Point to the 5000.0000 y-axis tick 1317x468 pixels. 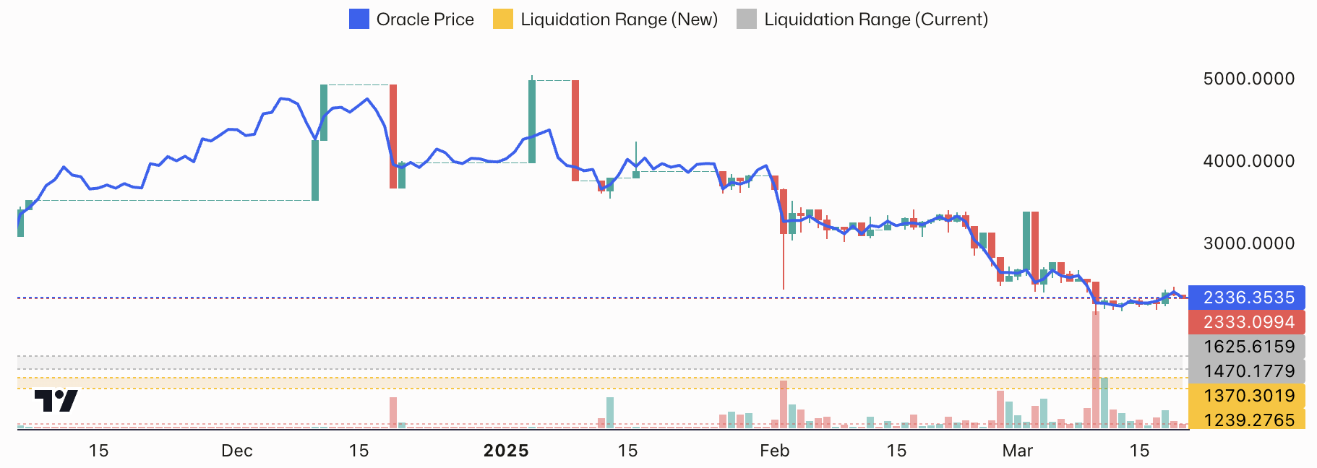coord(1248,79)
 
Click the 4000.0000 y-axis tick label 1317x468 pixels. coord(1248,161)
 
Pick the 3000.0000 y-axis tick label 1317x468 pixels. coord(1248,243)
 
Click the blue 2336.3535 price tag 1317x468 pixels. coord(1248,298)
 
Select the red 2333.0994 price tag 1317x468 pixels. coord(1248,322)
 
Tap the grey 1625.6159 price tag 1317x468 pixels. coord(1248,347)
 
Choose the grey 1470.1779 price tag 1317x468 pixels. coord(1248,371)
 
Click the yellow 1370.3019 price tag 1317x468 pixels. coord(1248,396)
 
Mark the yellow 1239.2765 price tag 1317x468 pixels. coord(1248,420)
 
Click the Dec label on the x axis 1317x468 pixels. coord(237,451)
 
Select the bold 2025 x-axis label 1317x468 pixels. coord(506,451)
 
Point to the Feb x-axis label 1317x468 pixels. coord(774,451)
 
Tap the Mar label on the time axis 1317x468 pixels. coord(1017,451)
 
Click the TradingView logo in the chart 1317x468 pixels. coord(56,400)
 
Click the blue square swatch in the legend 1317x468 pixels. coord(359,19)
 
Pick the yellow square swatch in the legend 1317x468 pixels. coord(503,19)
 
